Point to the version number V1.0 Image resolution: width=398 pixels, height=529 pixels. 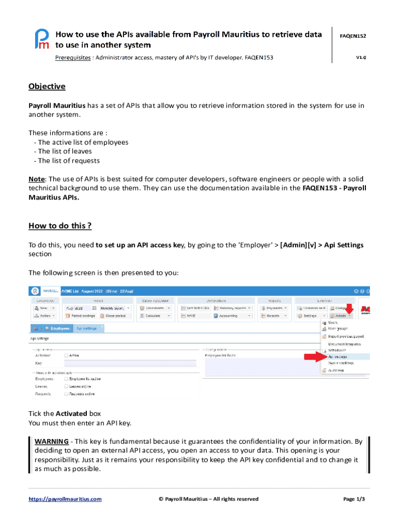(360, 57)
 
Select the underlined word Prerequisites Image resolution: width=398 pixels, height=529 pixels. (72, 57)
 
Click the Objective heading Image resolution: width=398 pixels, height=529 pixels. (47, 86)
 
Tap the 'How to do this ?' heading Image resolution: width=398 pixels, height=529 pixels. (60, 226)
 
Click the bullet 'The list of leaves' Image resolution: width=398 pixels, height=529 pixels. (63, 151)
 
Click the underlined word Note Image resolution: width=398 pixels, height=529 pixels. (36, 179)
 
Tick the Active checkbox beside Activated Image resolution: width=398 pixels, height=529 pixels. (66, 355)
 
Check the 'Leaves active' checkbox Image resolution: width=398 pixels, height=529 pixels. (66, 386)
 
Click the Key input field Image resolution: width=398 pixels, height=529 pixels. (129, 363)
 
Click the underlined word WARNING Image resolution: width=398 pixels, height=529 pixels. (51, 441)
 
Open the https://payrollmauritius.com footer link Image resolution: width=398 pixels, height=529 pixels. (65, 499)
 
